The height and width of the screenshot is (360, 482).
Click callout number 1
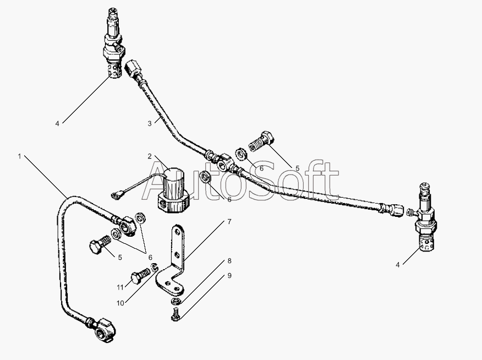(19, 156)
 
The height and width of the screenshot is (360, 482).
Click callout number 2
(150, 156)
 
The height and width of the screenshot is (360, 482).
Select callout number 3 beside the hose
(150, 124)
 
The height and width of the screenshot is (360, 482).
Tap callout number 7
(229, 221)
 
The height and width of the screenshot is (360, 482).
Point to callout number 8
(229, 261)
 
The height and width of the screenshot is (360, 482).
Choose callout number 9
(229, 275)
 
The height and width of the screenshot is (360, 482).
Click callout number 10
(120, 303)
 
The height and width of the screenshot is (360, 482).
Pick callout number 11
(120, 287)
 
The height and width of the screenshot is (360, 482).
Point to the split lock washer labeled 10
(154, 268)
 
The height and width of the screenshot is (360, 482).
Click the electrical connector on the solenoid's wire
(118, 195)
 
